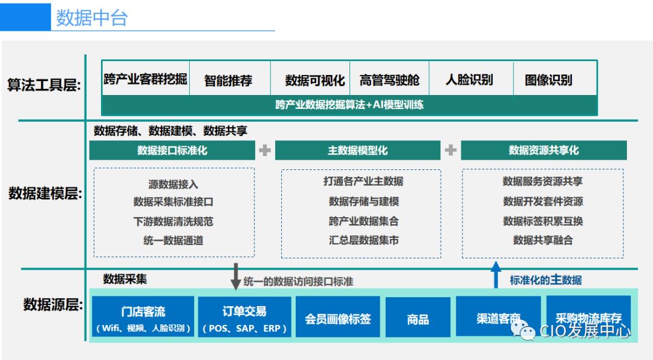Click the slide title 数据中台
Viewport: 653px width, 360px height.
click(92, 18)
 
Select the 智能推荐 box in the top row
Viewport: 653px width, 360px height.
click(229, 80)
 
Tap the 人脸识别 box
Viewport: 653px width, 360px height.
click(469, 79)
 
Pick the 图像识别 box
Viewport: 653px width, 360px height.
click(548, 80)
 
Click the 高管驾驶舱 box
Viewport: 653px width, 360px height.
click(389, 80)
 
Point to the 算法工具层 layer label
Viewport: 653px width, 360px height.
click(44, 85)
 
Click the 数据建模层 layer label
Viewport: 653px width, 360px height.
click(45, 194)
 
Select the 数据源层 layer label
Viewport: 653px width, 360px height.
click(53, 304)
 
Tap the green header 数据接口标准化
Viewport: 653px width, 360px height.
click(172, 151)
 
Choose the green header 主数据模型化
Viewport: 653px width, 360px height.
click(358, 151)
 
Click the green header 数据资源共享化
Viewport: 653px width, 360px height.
click(544, 151)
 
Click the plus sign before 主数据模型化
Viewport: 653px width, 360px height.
click(265, 151)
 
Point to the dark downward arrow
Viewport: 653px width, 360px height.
click(236, 277)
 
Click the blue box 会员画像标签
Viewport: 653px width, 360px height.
click(338, 318)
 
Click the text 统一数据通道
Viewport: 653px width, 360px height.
click(174, 240)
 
